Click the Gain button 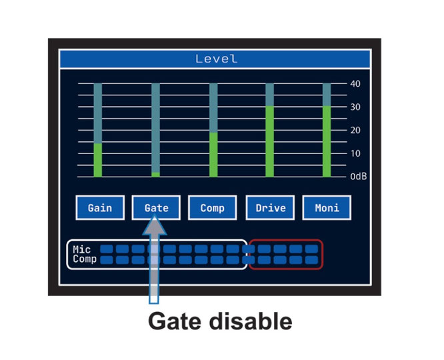point(100,207)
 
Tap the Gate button point(156,207)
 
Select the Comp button point(213,207)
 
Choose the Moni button point(327,207)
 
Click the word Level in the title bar point(217,59)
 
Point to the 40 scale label point(355,83)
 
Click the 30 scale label point(355,107)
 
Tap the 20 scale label point(355,130)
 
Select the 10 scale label point(355,153)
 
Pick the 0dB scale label point(359,177)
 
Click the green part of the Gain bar point(98,160)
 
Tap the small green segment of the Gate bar point(155,175)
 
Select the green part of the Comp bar point(213,155)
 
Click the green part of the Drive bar point(269,141)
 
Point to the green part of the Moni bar point(327,141)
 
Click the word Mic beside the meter point(81,249)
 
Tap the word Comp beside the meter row point(85,259)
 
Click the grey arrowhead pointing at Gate point(154,225)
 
